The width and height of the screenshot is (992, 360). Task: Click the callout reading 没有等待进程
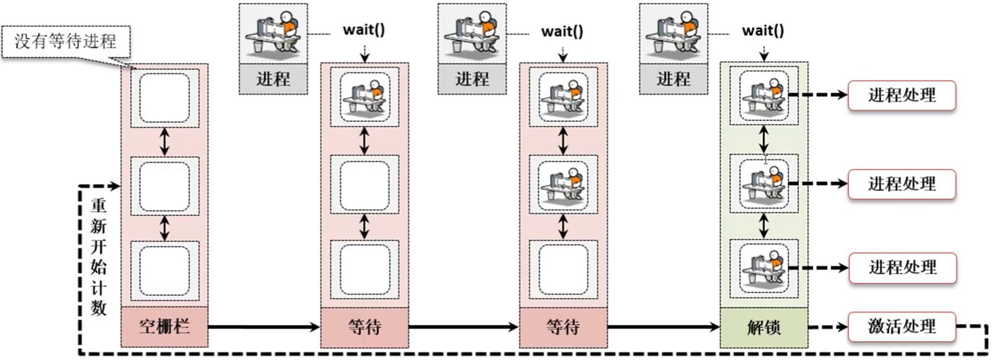pos(66,41)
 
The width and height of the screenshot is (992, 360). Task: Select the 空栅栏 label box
pos(164,326)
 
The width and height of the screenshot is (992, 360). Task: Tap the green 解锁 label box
pos(763,327)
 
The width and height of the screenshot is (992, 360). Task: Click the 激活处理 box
pos(901,326)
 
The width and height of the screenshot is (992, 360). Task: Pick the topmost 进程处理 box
pos(901,95)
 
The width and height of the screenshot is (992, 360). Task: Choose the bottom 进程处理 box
pos(901,268)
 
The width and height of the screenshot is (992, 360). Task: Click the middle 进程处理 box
pos(901,184)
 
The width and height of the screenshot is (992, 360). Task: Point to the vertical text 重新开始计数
pos(98,257)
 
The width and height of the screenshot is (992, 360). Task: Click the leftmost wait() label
pos(363,29)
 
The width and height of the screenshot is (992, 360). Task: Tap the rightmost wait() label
pos(763,31)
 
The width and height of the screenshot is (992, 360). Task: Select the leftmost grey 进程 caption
pos(273,79)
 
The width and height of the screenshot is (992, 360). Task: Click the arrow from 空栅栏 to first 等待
pos(264,327)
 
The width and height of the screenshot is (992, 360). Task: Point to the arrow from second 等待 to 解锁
pos(663,327)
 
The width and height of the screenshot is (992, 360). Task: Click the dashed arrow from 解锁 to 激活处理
pos(827,327)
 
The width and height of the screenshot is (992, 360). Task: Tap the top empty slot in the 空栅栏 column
pos(164,98)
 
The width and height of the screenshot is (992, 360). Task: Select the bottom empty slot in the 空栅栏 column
pos(164,270)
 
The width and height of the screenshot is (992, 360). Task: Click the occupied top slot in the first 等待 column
pos(364,97)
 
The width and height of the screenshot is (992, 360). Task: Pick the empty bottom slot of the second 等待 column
pos(563,269)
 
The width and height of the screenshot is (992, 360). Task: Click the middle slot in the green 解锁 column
pos(763,184)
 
